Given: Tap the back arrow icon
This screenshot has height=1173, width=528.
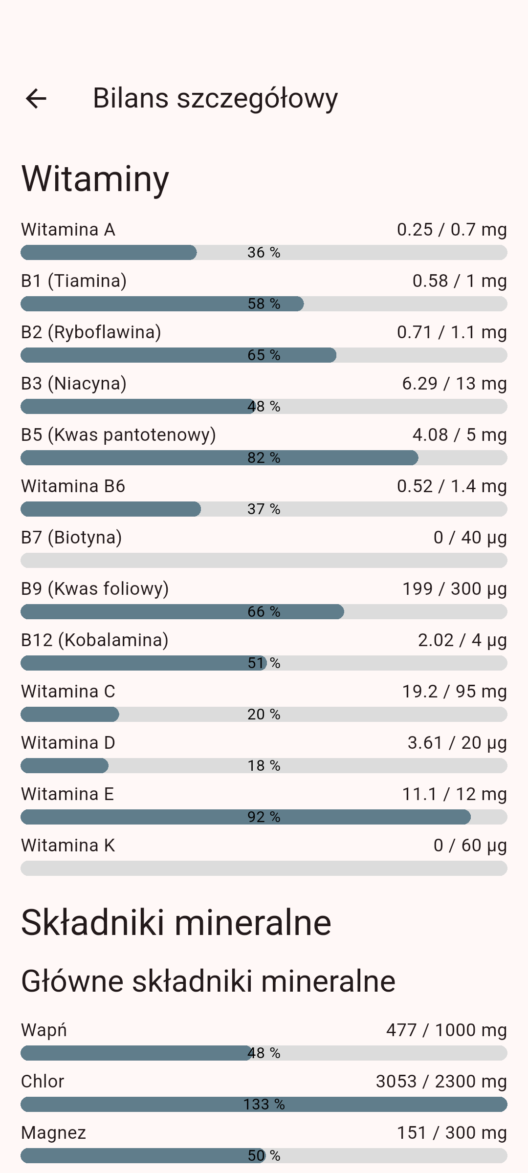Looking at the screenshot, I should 36,98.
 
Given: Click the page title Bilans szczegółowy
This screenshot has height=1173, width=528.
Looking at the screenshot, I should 215,98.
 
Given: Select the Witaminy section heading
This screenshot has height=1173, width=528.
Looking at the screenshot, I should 95,179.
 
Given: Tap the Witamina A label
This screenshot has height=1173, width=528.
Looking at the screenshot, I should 68,230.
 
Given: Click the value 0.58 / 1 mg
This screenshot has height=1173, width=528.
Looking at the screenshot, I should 459,281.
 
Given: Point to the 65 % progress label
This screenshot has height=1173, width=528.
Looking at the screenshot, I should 264,355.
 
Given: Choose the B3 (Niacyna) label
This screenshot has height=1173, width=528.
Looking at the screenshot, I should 74,384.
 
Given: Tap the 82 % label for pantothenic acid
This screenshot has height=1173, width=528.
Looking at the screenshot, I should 264,457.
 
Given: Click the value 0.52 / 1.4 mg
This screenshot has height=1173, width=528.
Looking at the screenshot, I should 451,486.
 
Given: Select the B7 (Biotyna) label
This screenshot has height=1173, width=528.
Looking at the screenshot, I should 71,538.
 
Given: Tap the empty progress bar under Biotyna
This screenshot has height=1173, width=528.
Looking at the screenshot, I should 264,560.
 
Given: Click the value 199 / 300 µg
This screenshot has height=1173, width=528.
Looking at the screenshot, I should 454,589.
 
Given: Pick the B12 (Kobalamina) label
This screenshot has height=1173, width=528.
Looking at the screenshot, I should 95,640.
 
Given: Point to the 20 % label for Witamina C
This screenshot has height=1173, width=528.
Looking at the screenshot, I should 264,714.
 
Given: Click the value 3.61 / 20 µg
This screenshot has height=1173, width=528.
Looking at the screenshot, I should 457,743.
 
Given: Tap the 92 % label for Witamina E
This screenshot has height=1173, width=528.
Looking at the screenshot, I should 264,817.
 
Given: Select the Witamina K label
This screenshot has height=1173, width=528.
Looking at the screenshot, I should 68,846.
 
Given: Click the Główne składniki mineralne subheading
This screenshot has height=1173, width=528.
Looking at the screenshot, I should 208,981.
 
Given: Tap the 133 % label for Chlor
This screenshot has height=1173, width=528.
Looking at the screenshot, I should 264,1104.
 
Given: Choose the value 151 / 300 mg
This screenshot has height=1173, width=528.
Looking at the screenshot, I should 451,1133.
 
